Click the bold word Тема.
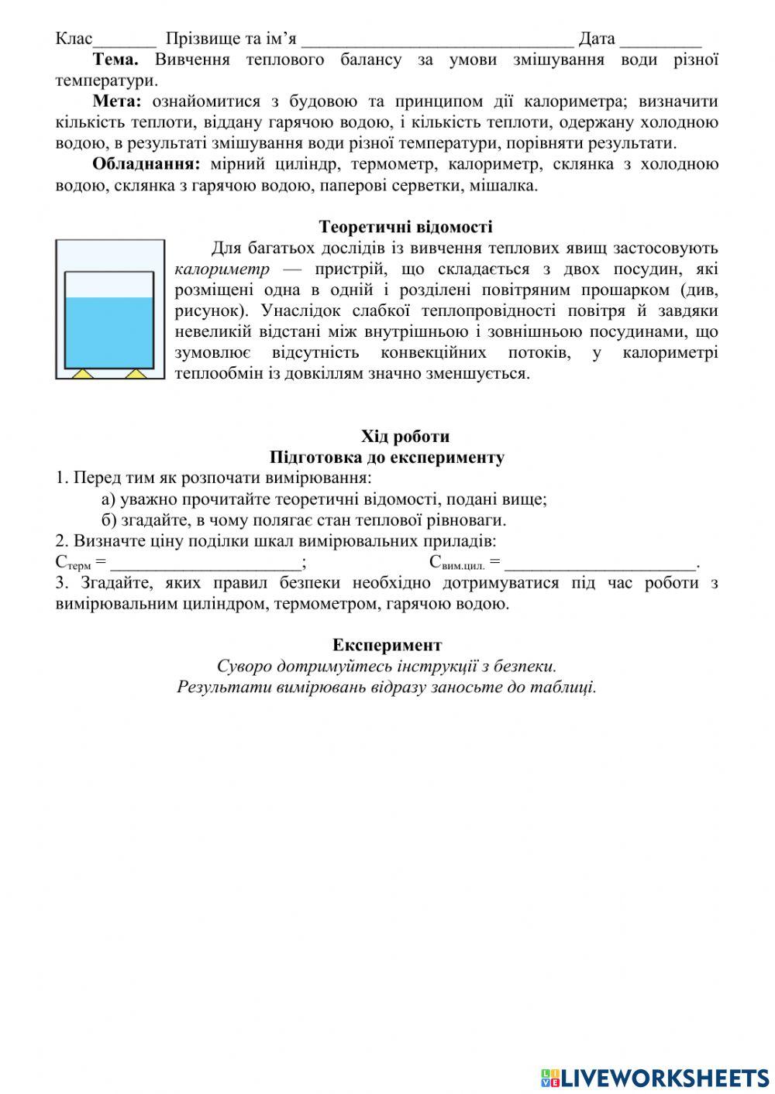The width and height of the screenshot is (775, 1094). tap(115, 60)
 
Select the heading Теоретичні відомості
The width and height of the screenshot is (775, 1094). tap(405, 227)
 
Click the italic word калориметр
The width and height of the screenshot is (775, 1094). tap(222, 269)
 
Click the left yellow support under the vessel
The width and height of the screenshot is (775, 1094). tap(82, 374)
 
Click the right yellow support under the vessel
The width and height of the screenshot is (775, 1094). tap(136, 374)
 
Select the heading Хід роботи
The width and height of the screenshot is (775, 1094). tap(405, 437)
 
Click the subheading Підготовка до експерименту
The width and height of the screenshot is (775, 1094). tap(387, 458)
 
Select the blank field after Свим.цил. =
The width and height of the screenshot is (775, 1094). tap(601, 564)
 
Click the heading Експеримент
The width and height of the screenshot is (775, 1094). tap(387, 645)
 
